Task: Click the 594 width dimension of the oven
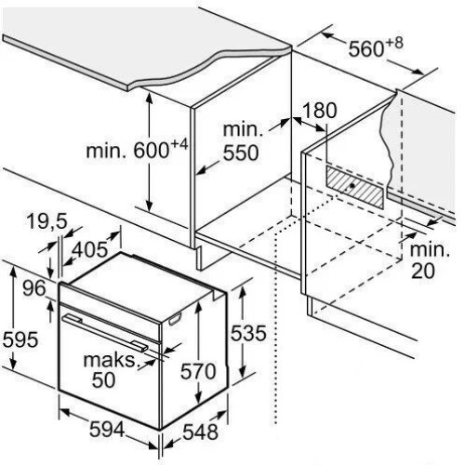pos(107,430)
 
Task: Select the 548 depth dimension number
pos(200,432)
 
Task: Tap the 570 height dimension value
pos(198,371)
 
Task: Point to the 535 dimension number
pos(248,333)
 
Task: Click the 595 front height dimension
pos(20,339)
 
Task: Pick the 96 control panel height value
pos(34,288)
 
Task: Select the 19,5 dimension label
pos(46,222)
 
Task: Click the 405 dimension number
pos(89,249)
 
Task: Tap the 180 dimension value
pos(319,111)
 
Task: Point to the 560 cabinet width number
pos(366,49)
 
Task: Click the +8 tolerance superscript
pos(394,44)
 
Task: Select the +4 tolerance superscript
pos(179,145)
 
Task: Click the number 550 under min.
pos(241,153)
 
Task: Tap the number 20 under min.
pos(423,271)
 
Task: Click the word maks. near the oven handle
pos(111,360)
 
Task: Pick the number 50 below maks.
pos(103,380)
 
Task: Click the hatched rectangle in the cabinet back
pos(354,187)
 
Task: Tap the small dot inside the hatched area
pos(352,186)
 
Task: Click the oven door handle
pos(104,333)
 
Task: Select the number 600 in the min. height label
pos(151,151)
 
